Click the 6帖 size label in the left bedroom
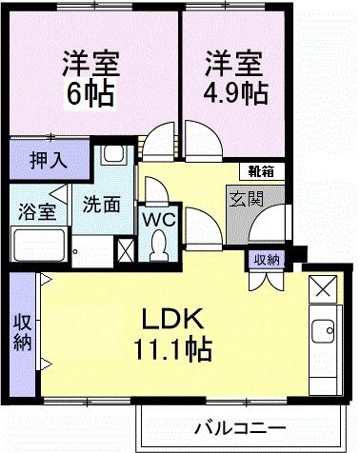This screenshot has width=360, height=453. click(92, 91)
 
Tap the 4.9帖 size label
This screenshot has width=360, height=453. click(233, 91)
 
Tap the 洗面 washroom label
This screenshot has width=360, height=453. click(98, 203)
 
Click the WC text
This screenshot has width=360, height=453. click(155, 219)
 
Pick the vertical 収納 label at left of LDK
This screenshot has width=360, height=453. click(22, 330)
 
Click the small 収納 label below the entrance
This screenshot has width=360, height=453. click(266, 259)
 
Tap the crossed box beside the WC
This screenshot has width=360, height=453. click(125, 250)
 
